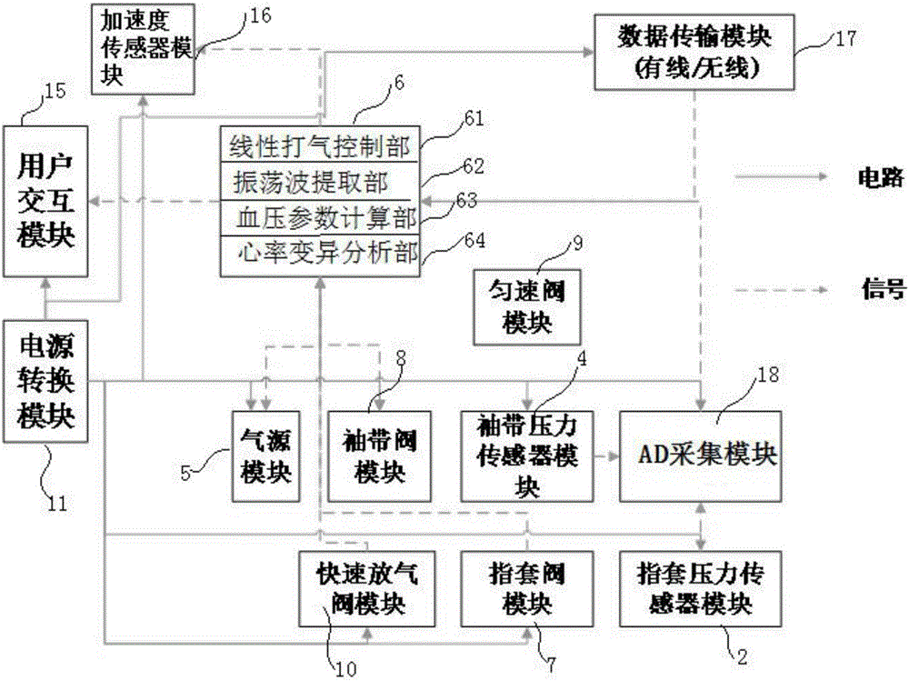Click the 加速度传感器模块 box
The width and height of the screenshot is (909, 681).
click(x=144, y=49)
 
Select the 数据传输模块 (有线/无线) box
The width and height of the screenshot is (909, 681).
click(x=694, y=52)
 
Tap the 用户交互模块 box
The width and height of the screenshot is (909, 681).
click(x=45, y=201)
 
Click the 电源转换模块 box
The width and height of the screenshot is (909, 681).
click(x=45, y=381)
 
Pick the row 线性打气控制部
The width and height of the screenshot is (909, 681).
click(x=320, y=145)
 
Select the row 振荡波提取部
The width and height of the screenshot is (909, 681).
click(x=320, y=182)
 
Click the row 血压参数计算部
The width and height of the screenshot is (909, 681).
click(x=320, y=218)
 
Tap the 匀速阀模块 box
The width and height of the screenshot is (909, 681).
click(x=527, y=307)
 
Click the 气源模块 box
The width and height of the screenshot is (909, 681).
click(x=266, y=456)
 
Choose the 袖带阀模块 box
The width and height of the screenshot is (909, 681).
click(x=380, y=456)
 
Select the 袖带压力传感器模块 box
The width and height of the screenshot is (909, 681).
click(x=527, y=456)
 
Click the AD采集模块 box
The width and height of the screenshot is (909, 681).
click(x=701, y=456)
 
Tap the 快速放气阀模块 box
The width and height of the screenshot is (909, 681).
click(x=367, y=589)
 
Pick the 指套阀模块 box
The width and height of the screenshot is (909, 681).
click(x=527, y=589)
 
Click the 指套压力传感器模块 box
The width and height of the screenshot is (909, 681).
click(x=701, y=589)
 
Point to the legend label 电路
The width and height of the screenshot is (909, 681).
click(x=881, y=177)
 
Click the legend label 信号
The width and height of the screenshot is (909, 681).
click(x=883, y=288)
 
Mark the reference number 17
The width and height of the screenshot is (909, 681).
click(x=845, y=39)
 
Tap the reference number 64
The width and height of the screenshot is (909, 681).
click(x=474, y=240)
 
